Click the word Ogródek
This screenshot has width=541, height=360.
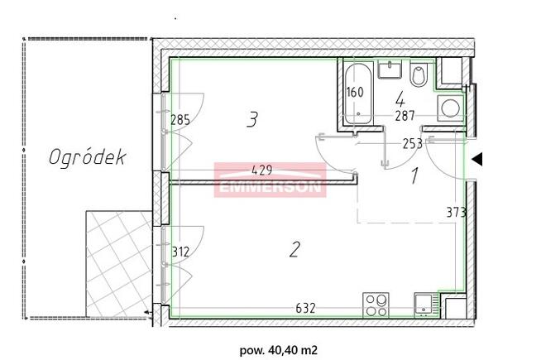pyautogui.click(x=87, y=157)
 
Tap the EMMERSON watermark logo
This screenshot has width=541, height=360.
pyautogui.click(x=270, y=181)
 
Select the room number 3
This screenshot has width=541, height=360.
pyautogui.click(x=252, y=121)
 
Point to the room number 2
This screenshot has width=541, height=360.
pyautogui.click(x=293, y=250)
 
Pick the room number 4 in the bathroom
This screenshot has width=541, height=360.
pyautogui.click(x=399, y=98)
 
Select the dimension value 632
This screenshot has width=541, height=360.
pyautogui.click(x=307, y=310)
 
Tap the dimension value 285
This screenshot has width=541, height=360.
pyautogui.click(x=180, y=121)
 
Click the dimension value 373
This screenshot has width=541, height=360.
pyautogui.click(x=456, y=212)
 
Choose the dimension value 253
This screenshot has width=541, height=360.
pyautogui.click(x=412, y=143)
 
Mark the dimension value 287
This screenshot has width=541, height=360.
pyautogui.click(x=404, y=117)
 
